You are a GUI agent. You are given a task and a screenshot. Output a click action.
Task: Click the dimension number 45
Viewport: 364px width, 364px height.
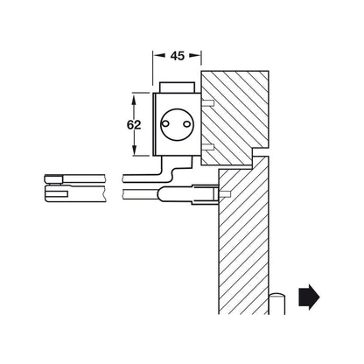click(x=177, y=56)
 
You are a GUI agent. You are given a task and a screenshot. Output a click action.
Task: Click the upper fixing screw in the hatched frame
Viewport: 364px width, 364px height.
click(x=210, y=102)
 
